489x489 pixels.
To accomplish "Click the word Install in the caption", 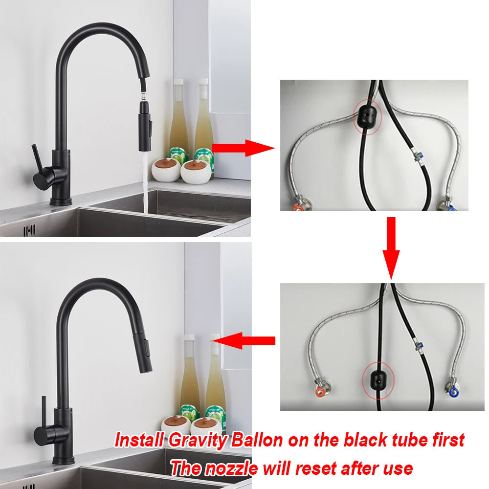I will (x=139, y=440).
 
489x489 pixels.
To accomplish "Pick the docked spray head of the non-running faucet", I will (x=146, y=355).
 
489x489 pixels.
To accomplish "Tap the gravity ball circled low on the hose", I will (x=377, y=379).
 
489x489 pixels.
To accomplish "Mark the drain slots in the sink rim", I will (x=29, y=230).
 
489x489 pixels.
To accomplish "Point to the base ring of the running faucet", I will (x=61, y=201).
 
